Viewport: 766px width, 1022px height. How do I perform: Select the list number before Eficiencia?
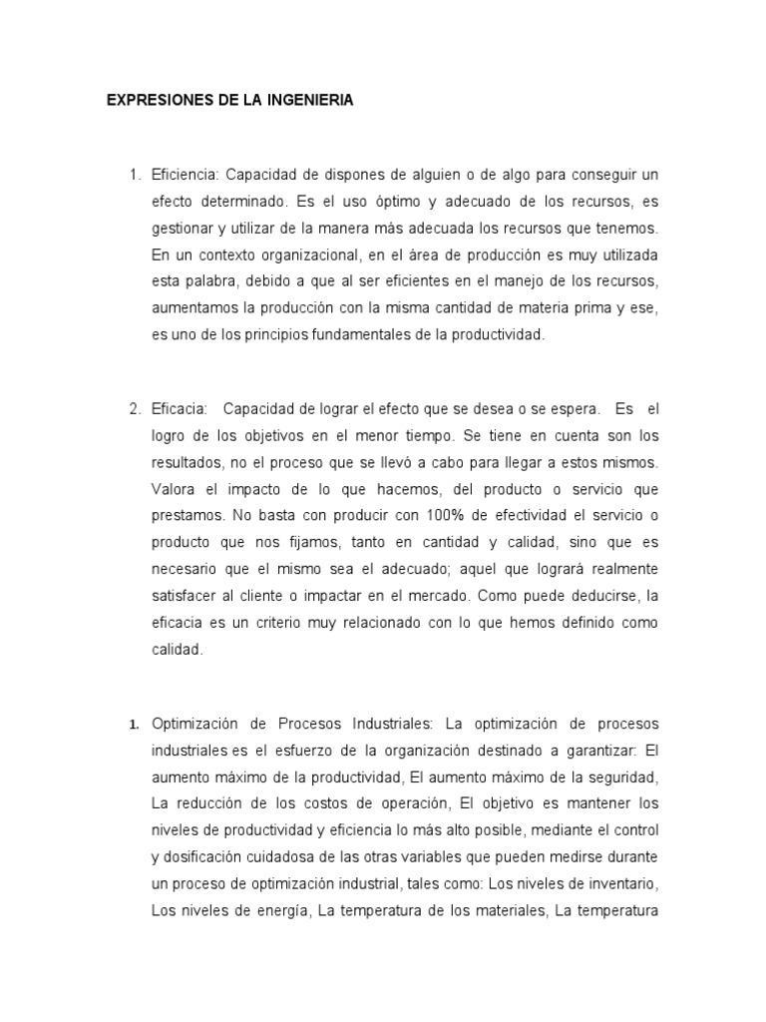coord(135,148)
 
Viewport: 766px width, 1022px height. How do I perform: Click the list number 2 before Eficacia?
coord(135,409)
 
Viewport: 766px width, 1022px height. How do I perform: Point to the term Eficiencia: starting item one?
coord(184,148)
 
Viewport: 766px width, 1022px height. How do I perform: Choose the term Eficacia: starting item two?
coord(180,409)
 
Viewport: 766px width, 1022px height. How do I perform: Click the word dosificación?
coord(211,857)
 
